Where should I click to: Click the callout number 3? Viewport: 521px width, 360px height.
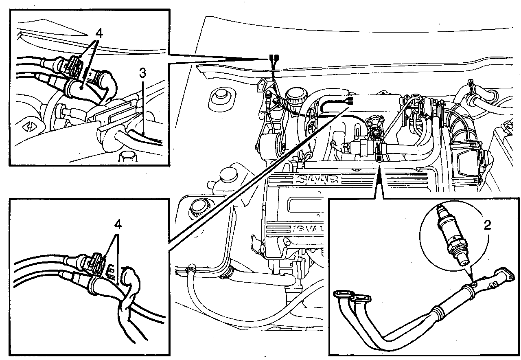(x=142, y=73)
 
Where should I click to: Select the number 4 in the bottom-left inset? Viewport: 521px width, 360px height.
(x=118, y=224)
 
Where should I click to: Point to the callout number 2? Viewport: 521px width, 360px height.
(x=486, y=225)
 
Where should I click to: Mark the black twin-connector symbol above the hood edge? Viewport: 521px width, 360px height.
(x=274, y=58)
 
